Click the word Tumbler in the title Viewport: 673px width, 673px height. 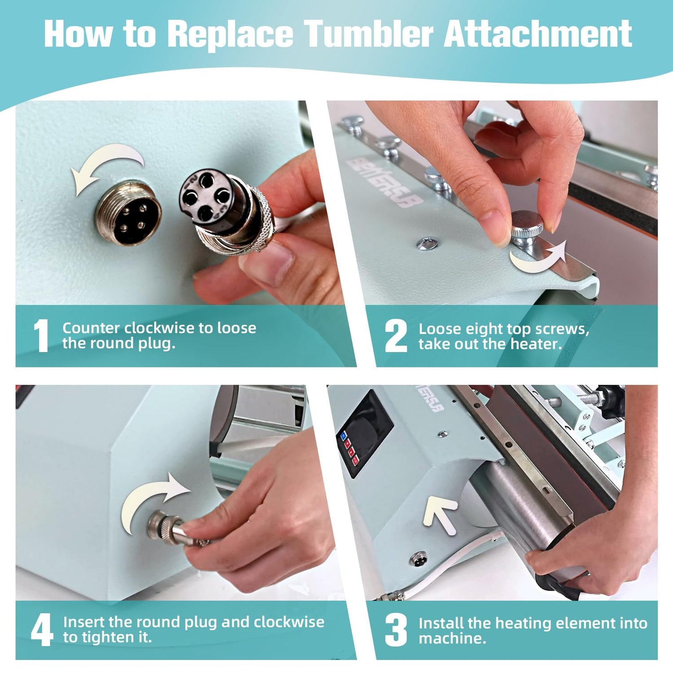click(369, 34)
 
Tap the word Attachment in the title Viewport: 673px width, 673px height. click(538, 34)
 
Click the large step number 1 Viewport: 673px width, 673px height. click(41, 336)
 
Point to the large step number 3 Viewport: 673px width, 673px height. click(396, 630)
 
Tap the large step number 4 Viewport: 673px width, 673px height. click(42, 630)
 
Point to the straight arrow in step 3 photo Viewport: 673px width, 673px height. click(440, 514)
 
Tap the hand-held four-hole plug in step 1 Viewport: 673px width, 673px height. click(227, 211)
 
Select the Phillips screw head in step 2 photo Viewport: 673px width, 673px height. click(425, 243)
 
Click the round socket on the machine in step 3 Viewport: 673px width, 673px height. click(418, 559)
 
